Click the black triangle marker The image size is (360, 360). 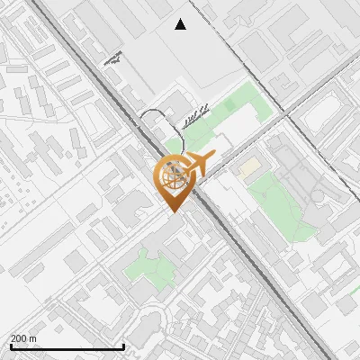(x=181, y=24)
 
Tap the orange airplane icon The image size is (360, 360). (x=199, y=164)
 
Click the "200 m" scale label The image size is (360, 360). (x=23, y=338)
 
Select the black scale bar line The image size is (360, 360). (x=67, y=346)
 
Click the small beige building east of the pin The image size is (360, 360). (x=247, y=167)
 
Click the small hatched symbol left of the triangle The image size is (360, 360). (x=112, y=59)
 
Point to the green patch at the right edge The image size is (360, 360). (x=354, y=297)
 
